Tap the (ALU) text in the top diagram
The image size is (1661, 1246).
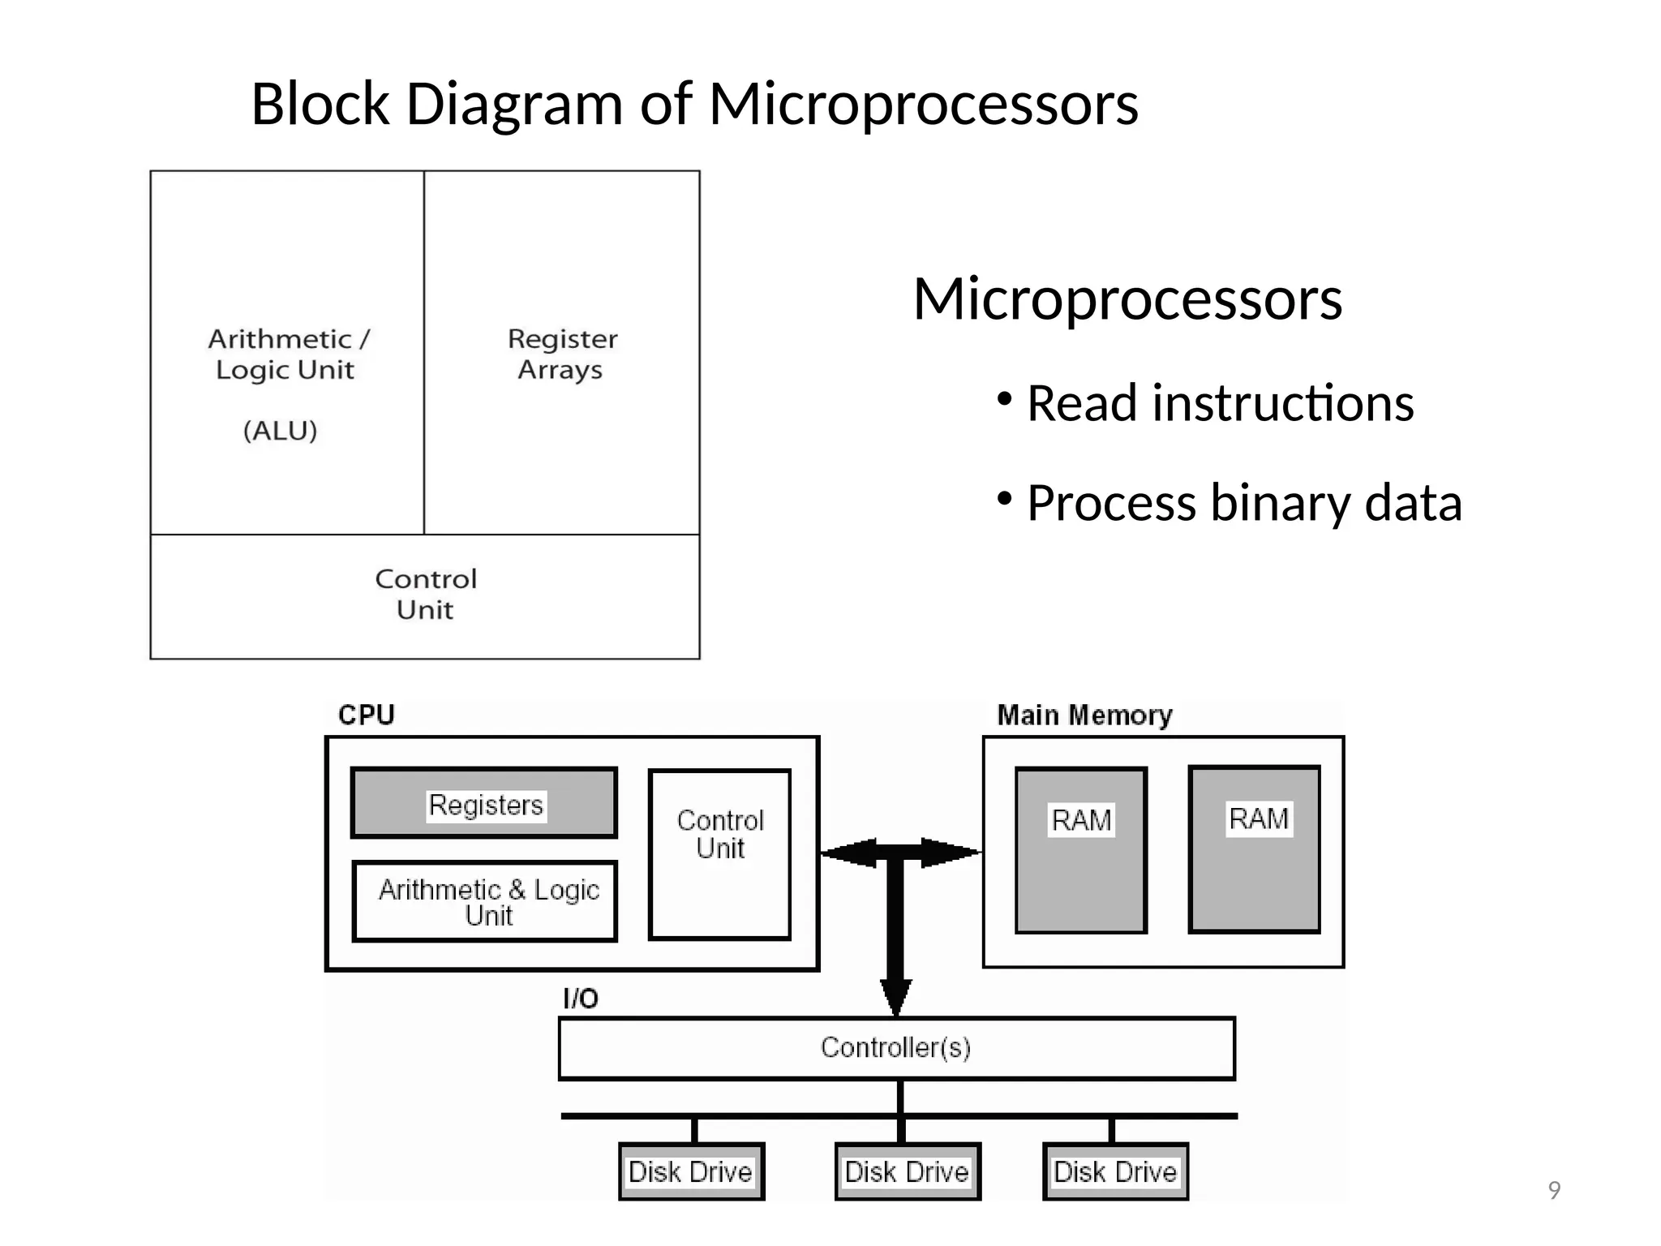click(x=280, y=431)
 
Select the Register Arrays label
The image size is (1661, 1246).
click(x=561, y=354)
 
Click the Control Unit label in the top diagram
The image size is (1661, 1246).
click(x=425, y=594)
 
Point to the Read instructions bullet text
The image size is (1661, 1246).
click(x=1219, y=403)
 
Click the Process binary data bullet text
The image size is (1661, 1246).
click(x=1243, y=503)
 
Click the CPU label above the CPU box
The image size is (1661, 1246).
click(x=366, y=715)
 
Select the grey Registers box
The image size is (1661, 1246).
click(x=484, y=803)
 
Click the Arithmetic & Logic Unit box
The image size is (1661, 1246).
click(x=485, y=901)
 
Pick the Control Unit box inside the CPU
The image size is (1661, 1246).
click(x=719, y=853)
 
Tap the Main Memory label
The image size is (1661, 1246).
click(x=1084, y=715)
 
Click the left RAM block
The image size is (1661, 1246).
click(x=1080, y=850)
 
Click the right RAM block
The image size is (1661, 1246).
click(x=1254, y=849)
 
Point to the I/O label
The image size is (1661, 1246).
click(x=580, y=999)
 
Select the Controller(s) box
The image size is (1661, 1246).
click(x=895, y=1048)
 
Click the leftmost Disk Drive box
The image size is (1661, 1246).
click(x=691, y=1171)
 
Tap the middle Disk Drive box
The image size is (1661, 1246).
click(x=907, y=1171)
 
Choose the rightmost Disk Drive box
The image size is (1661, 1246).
click(x=1115, y=1171)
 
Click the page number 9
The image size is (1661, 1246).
click(x=1554, y=1190)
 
